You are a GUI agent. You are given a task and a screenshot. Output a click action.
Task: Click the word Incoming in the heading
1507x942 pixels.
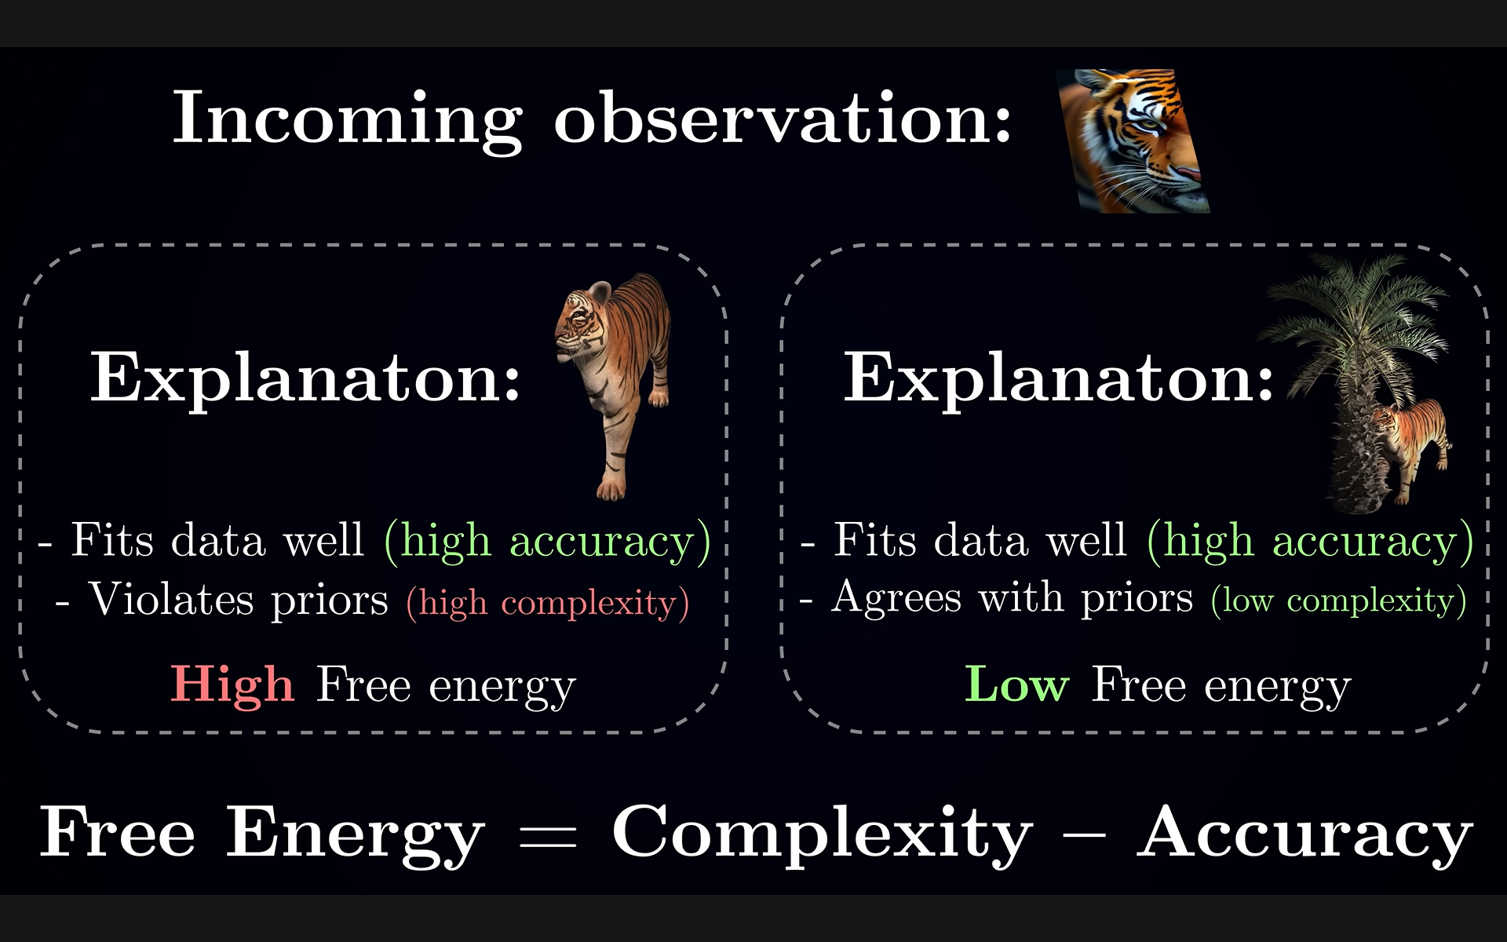click(348, 119)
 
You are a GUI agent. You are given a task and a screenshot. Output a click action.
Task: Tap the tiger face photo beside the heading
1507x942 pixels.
click(1133, 141)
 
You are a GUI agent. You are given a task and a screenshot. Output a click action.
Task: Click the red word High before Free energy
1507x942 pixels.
click(232, 686)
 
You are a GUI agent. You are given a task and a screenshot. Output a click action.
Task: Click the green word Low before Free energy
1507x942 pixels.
click(1016, 685)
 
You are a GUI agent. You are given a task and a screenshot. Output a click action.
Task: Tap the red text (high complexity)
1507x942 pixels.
click(548, 604)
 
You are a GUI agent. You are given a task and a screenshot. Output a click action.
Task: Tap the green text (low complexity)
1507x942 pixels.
click(1338, 601)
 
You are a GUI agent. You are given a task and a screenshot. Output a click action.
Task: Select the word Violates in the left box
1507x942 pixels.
click(171, 600)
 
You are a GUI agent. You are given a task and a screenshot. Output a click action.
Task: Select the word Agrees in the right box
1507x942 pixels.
click(896, 598)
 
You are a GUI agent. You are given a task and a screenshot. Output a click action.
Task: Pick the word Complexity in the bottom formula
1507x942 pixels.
click(822, 835)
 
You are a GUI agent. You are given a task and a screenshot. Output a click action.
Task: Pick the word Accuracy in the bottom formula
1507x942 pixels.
click(1304, 835)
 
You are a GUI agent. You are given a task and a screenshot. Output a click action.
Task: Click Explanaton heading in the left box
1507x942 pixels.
click(305, 379)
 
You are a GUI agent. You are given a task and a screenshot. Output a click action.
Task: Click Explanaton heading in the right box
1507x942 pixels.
click(1058, 379)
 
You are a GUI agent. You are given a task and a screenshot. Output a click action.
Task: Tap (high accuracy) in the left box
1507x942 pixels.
click(548, 542)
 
